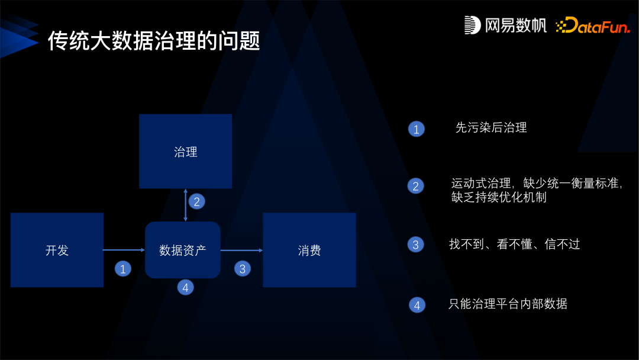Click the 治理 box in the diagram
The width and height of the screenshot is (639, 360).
point(185,152)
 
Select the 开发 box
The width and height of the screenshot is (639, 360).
point(57,250)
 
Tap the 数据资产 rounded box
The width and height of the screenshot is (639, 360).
point(182,250)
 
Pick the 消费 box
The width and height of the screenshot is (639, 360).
point(309,250)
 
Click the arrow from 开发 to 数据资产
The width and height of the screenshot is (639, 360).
point(124,250)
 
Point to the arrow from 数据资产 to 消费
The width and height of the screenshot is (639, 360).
point(241,250)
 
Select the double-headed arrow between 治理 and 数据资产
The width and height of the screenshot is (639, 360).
point(186,205)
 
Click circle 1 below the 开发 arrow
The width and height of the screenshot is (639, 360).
point(122,269)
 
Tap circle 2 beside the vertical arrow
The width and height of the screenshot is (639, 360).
point(196,201)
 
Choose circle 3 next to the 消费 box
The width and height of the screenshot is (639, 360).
point(243,269)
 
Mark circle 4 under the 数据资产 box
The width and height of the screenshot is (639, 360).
point(185,288)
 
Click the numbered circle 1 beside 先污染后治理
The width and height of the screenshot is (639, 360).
point(417,129)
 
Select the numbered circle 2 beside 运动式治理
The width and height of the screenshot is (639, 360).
point(416,186)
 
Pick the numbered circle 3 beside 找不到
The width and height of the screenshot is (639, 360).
point(416,245)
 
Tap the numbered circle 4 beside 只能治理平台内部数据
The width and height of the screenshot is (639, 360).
point(417,306)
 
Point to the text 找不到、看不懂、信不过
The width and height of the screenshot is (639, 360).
point(514,244)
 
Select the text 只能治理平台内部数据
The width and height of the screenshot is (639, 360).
point(508,304)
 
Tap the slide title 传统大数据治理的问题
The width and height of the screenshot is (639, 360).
point(154,41)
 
